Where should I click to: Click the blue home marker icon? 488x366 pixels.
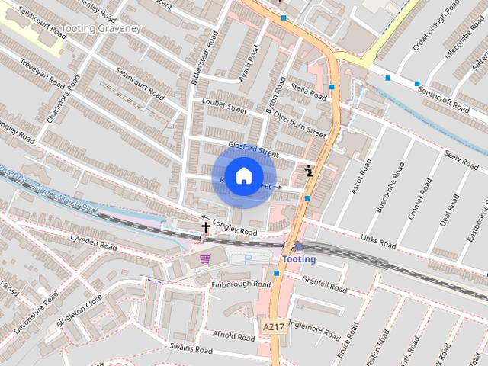243,176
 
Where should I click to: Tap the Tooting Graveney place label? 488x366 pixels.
101,29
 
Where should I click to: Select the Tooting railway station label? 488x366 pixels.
299,259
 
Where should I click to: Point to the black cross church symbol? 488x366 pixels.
205,226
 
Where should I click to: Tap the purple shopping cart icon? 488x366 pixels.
204,258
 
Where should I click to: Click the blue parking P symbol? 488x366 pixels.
248,260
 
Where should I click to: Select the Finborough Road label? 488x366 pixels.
241,284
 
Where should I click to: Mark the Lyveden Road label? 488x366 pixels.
93,242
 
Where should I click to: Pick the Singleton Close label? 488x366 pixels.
79,312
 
